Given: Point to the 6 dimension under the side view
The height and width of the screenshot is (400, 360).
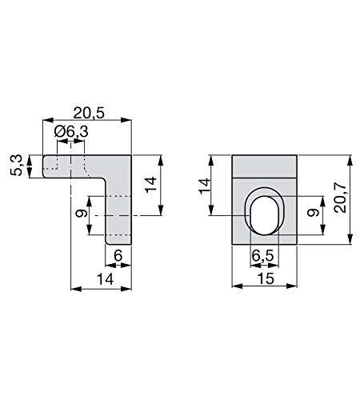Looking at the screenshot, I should (x=118, y=257).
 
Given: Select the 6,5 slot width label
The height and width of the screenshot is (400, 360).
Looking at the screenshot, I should (x=263, y=257).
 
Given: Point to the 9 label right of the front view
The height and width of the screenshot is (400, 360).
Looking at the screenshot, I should (x=314, y=213).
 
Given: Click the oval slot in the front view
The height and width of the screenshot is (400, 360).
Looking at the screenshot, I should (x=263, y=214).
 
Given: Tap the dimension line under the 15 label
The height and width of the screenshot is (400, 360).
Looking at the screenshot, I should (x=266, y=287).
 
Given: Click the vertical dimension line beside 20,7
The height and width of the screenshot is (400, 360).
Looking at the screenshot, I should (x=349, y=198).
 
